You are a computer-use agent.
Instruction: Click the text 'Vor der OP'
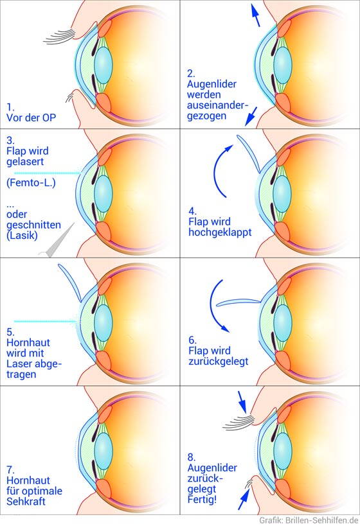tap(31, 118)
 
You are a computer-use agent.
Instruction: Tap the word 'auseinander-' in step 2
tap(218, 105)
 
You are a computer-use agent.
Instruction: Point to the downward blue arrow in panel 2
tap(251, 116)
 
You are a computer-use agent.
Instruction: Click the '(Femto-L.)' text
tap(31, 183)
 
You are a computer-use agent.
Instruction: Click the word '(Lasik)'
tap(22, 235)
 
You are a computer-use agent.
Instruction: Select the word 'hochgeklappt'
tap(220, 232)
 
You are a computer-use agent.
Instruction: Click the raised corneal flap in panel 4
tap(249, 153)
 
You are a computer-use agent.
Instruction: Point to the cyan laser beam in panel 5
tap(47, 321)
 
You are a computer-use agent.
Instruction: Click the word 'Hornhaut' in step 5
tap(28, 342)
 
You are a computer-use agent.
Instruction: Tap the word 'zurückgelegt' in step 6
tap(219, 362)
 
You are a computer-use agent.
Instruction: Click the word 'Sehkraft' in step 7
tap(26, 502)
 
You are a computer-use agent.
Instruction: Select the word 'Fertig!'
tap(202, 500)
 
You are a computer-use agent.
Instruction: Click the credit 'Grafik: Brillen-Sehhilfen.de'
tap(309, 521)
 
